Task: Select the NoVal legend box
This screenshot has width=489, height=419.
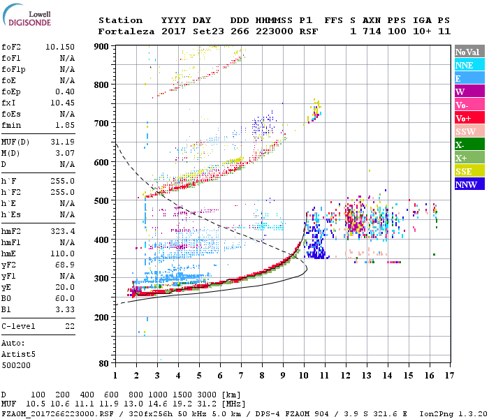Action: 469,52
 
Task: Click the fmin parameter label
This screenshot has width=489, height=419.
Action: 13,124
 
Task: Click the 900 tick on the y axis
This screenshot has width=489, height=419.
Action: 102,46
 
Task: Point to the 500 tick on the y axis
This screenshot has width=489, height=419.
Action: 102,200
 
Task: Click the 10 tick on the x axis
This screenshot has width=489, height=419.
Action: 304,375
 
